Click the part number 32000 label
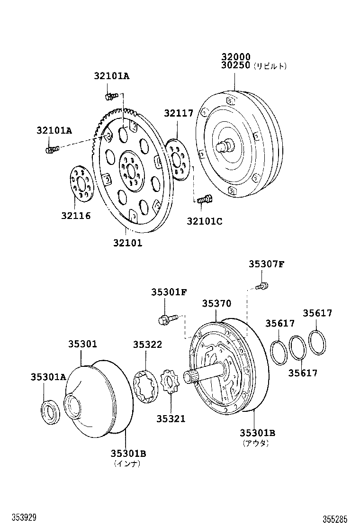tap(235, 57)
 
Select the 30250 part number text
tap(235, 66)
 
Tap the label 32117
tap(179, 113)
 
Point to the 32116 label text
tap(75, 216)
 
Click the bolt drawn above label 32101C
tap(204, 201)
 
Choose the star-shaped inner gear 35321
tap(170, 382)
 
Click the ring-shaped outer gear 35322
tap(146, 387)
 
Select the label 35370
tap(216, 304)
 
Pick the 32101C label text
tap(204, 221)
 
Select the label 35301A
tap(47, 377)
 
